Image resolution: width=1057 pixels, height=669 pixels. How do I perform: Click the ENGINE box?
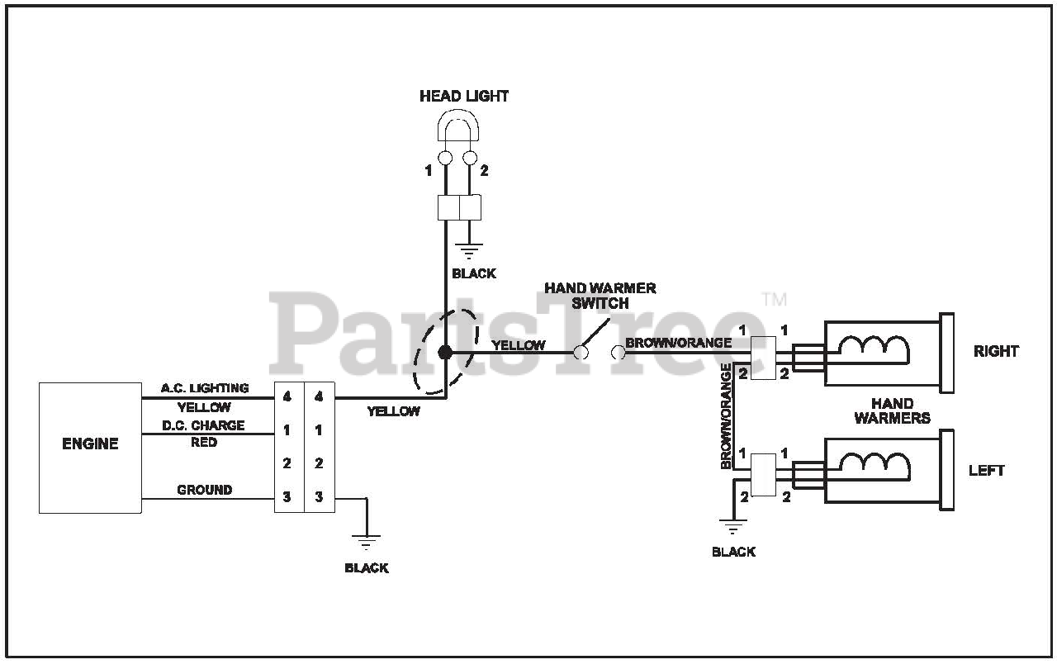[x=90, y=447]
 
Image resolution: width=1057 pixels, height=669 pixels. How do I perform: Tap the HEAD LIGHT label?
[x=464, y=97]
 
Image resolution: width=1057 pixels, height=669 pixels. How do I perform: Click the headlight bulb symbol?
[x=457, y=132]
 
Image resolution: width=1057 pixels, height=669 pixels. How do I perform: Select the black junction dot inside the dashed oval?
[x=445, y=353]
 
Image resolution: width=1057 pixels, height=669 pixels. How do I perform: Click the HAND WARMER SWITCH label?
[x=600, y=296]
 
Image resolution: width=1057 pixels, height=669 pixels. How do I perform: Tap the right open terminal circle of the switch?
[x=618, y=353]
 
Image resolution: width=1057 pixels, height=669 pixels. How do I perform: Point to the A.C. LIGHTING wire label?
[x=205, y=388]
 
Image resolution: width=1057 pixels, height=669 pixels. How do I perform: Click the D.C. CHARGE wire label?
[x=203, y=425]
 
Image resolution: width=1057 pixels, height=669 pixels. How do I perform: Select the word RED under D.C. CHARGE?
[x=204, y=443]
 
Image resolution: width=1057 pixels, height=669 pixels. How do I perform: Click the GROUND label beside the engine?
[x=204, y=490]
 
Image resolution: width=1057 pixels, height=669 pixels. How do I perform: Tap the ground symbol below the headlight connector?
[x=471, y=251]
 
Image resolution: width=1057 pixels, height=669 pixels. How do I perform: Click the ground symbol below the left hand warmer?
[x=732, y=526]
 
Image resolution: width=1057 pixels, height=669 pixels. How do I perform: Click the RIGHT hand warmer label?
[x=996, y=351]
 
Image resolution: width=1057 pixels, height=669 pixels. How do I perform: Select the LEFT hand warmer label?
[x=986, y=471]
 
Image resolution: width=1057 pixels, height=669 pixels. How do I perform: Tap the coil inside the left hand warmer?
[x=874, y=466]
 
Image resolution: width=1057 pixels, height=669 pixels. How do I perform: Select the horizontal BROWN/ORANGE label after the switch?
[x=678, y=343]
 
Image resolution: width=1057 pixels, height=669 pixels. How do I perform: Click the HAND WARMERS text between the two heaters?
[x=892, y=410]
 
